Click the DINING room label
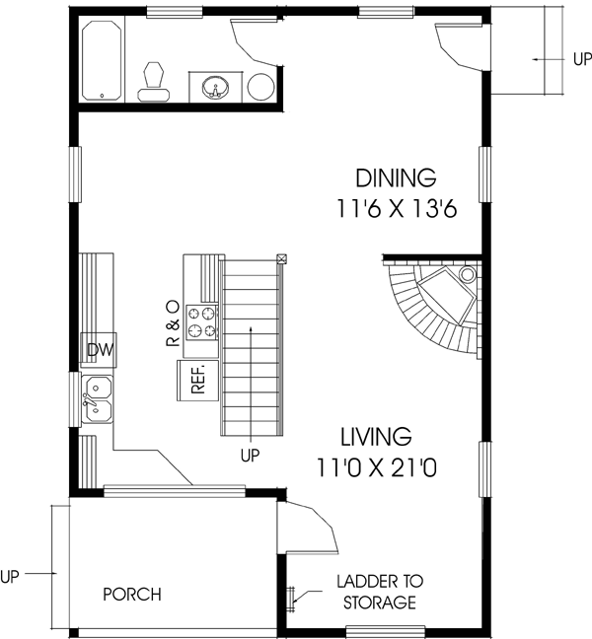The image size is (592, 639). tap(396, 178)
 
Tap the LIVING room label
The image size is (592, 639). tap(375, 436)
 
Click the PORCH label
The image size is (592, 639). tap(132, 595)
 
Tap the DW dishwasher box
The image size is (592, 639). tap(98, 350)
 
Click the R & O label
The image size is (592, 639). tap(172, 322)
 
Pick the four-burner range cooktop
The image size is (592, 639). tap(202, 322)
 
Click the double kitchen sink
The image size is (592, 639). tap(98, 399)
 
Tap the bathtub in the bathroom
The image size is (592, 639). tap(103, 61)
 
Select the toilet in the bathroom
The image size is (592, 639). tap(153, 80)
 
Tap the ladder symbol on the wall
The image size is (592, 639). tap(291, 597)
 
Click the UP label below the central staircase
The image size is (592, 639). tap(252, 456)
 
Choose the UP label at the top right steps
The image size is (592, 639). tap(581, 59)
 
